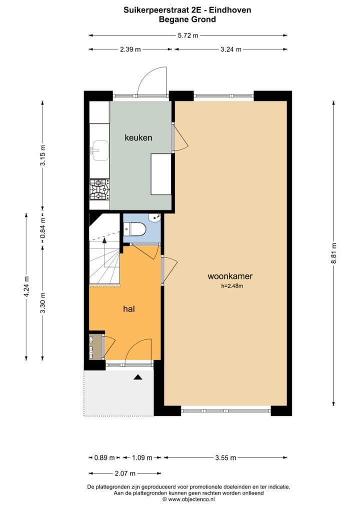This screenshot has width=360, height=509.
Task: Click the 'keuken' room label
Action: (x=138, y=137)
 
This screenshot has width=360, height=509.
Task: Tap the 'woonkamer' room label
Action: (x=230, y=276)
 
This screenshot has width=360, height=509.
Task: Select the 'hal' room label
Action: (x=129, y=309)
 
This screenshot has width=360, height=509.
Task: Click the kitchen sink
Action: (x=100, y=150)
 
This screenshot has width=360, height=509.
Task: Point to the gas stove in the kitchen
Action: (x=99, y=190)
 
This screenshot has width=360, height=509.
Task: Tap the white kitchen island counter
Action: (x=161, y=174)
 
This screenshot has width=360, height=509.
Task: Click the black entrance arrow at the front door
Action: (x=137, y=378)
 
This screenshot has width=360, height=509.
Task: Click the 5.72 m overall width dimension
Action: (x=188, y=35)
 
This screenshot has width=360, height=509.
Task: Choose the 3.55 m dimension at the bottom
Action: (x=225, y=457)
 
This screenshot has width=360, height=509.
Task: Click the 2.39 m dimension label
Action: (x=130, y=49)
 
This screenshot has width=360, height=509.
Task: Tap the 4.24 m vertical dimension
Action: (x=26, y=286)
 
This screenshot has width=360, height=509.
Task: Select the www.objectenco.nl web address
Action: (x=188, y=498)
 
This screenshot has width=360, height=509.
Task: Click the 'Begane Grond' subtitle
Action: (x=187, y=19)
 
